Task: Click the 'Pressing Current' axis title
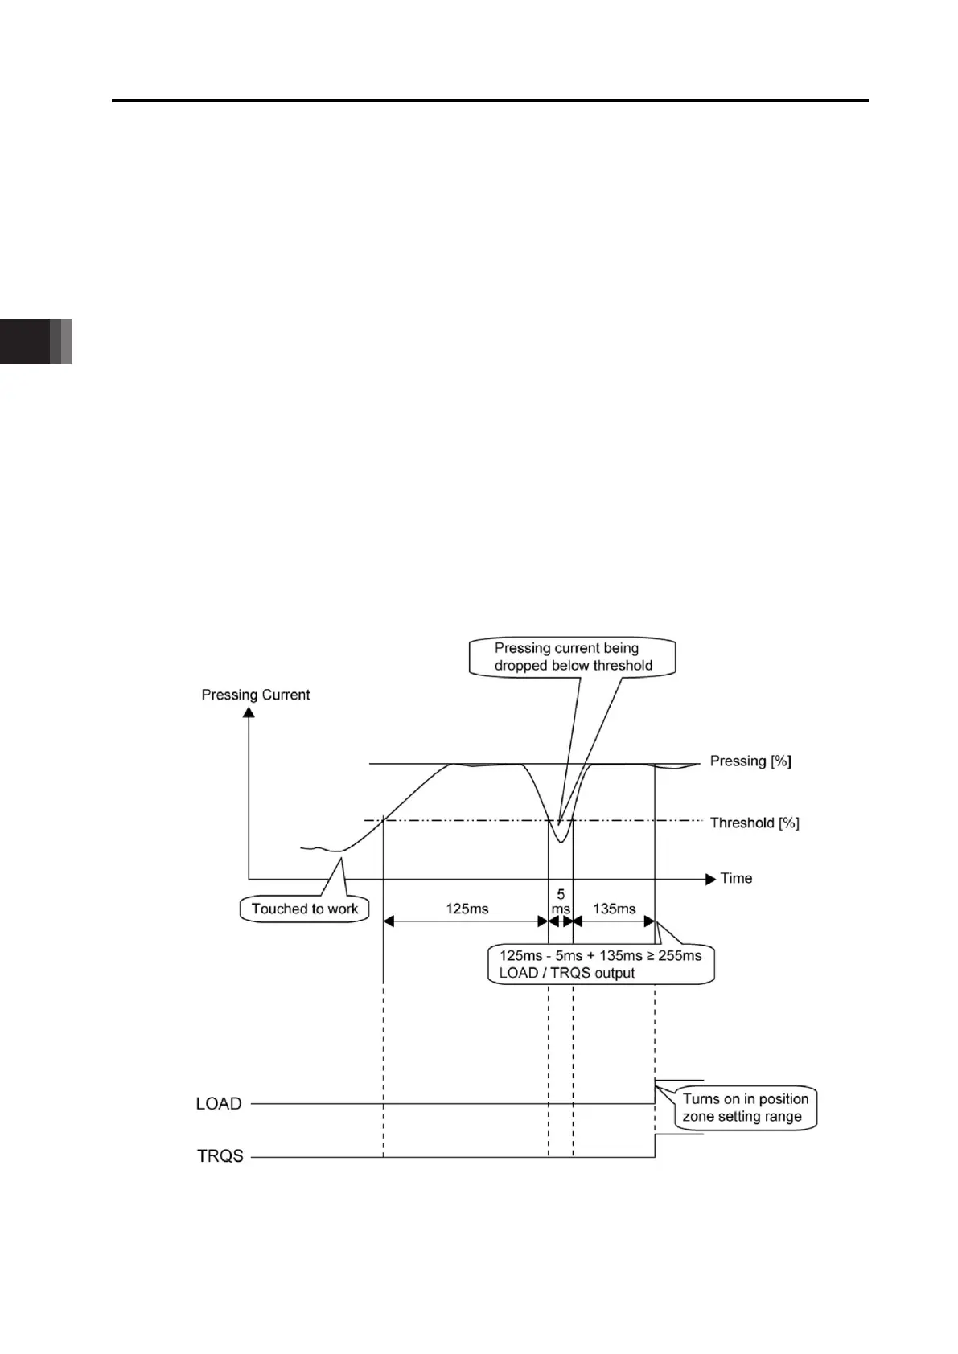(255, 695)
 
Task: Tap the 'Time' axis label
(736, 878)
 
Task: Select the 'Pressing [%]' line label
(750, 761)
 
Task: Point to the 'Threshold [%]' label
(754, 823)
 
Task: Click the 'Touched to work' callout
(304, 909)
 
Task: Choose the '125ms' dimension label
(467, 909)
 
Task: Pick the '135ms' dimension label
(614, 909)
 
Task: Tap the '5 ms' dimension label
(561, 901)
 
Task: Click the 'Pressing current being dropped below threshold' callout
(573, 657)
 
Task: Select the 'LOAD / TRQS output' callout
(600, 964)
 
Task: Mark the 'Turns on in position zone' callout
(745, 1108)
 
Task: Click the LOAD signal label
(219, 1103)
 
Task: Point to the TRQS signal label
(220, 1156)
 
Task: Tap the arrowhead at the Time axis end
(710, 879)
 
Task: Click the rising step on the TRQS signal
(656, 1146)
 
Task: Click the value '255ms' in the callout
(680, 955)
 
